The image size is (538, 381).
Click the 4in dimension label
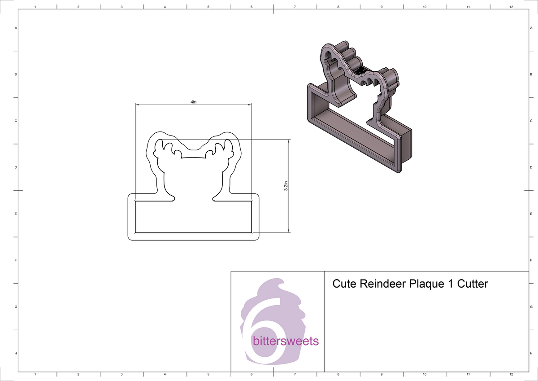click(193, 102)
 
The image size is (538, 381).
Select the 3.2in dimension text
click(286, 186)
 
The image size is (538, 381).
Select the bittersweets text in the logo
click(286, 342)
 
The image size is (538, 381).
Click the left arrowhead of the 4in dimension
click(138, 105)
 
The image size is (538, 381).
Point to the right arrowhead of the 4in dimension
click(249, 105)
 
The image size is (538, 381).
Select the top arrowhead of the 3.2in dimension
click(289, 140)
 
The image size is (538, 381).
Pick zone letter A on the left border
click(16, 28)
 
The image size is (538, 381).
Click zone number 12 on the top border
click(512, 7)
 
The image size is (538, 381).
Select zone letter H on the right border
click(531, 354)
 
